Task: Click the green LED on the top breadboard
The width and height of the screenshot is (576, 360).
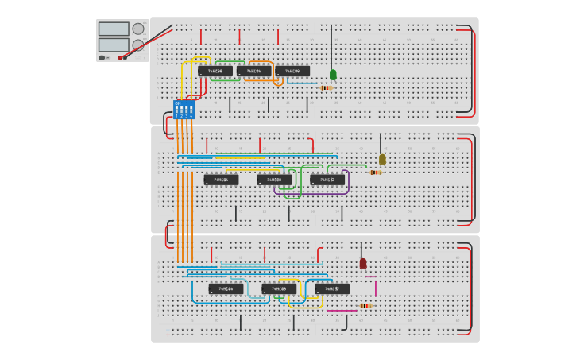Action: pyautogui.click(x=333, y=75)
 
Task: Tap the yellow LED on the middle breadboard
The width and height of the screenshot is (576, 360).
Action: pyautogui.click(x=382, y=159)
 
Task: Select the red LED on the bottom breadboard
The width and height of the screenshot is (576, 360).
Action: pyautogui.click(x=363, y=263)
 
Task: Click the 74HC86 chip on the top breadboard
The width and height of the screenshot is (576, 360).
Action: pyautogui.click(x=215, y=71)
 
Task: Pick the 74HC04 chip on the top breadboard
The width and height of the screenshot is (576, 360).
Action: pyautogui.click(x=253, y=71)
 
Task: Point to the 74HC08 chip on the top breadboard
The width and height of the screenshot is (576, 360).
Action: pyautogui.click(x=292, y=71)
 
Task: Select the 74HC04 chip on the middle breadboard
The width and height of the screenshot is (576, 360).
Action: pyautogui.click(x=221, y=180)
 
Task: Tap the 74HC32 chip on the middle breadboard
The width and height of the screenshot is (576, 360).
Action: pyautogui.click(x=327, y=180)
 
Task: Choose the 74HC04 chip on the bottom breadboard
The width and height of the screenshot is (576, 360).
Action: pyautogui.click(x=226, y=288)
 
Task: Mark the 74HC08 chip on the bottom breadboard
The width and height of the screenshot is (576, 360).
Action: pyautogui.click(x=279, y=288)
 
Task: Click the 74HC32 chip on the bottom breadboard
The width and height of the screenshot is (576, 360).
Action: pyautogui.click(x=332, y=288)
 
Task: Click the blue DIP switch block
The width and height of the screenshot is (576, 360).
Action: pyautogui.click(x=184, y=109)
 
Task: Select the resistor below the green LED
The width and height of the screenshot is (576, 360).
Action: pyautogui.click(x=326, y=87)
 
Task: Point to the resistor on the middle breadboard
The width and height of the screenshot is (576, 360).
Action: pyautogui.click(x=375, y=172)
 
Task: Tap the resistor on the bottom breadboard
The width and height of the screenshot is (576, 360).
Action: pyautogui.click(x=365, y=305)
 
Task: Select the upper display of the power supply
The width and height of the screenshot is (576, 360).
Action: pyautogui.click(x=114, y=29)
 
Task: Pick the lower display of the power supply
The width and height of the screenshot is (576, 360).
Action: pyautogui.click(x=114, y=45)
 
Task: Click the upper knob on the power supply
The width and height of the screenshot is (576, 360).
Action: pyautogui.click(x=138, y=29)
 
